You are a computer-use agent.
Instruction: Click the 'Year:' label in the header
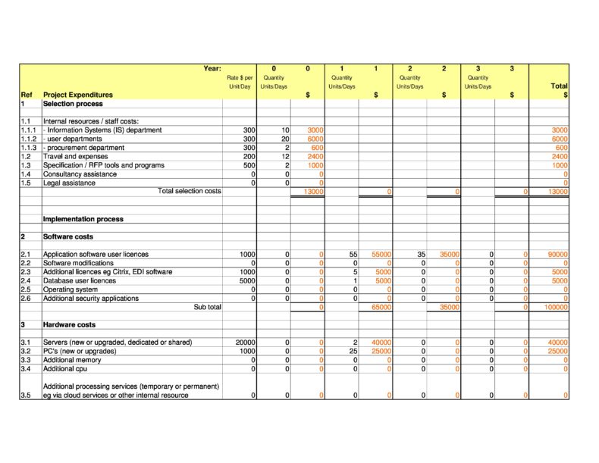point(212,69)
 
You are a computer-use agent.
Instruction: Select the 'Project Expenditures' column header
point(78,95)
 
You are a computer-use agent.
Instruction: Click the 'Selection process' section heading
point(73,104)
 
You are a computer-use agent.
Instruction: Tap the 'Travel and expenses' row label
point(76,156)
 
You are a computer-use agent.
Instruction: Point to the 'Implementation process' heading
point(83,219)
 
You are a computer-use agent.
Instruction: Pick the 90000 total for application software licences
point(557,255)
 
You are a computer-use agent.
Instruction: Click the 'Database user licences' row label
point(80,280)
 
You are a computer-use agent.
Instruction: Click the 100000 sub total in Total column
point(556,308)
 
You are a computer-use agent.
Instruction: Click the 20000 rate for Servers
point(245,343)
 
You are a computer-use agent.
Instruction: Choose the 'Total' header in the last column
point(559,86)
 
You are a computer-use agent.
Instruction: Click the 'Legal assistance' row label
point(69,183)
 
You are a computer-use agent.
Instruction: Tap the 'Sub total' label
point(208,307)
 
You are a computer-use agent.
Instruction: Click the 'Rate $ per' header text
point(240,78)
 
